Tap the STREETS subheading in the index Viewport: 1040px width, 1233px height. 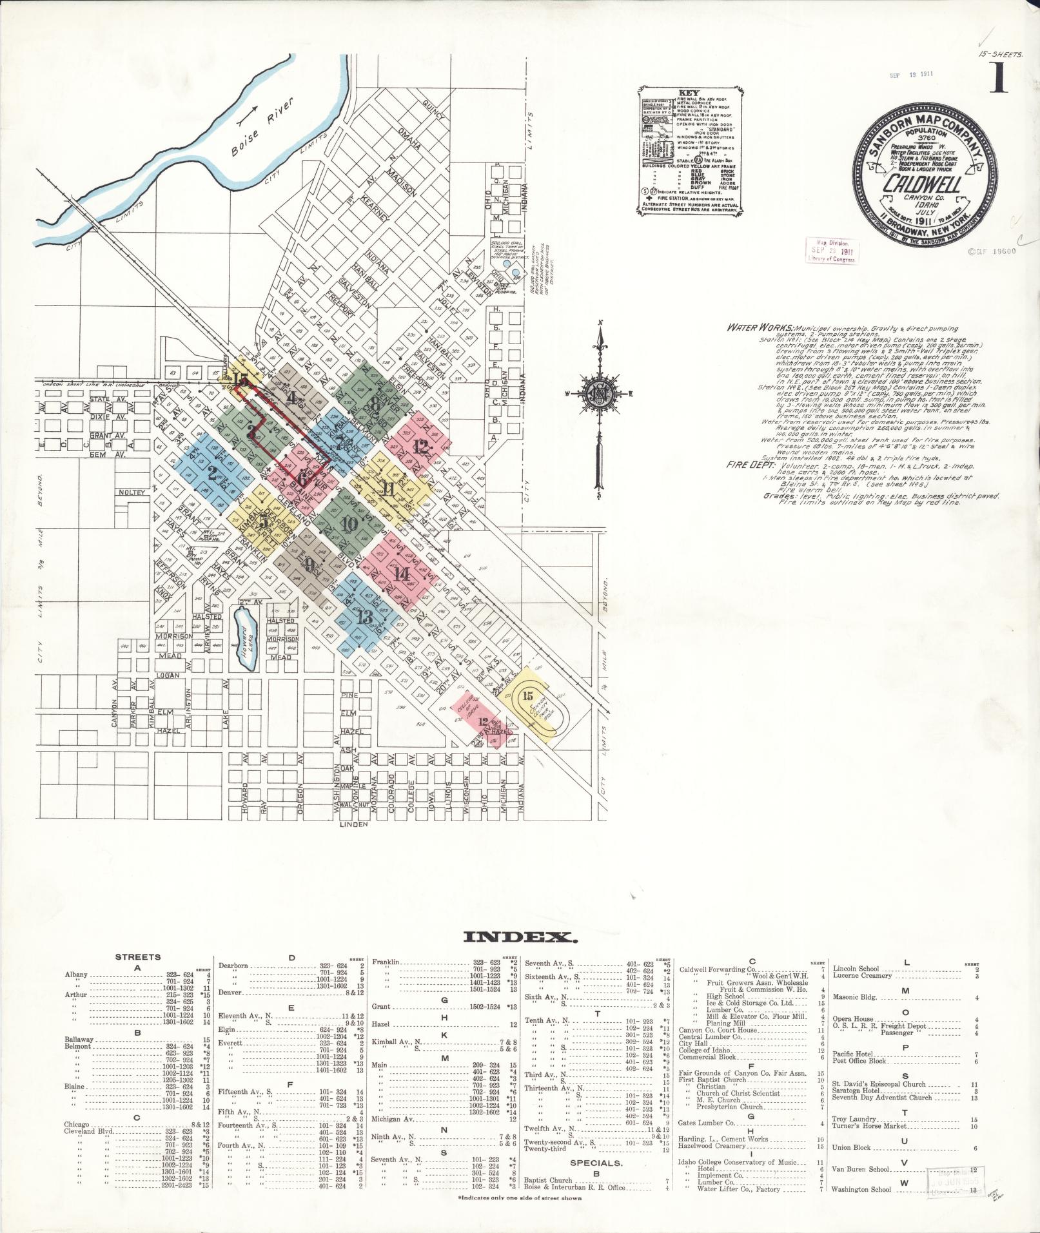point(138,957)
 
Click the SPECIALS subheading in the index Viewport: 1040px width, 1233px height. point(596,1163)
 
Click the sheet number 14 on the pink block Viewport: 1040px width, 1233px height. point(402,574)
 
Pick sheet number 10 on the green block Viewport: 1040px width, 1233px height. point(349,524)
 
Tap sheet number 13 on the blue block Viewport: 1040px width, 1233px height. point(364,617)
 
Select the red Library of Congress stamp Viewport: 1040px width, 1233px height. point(829,250)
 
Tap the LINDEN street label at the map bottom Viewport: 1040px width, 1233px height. point(353,824)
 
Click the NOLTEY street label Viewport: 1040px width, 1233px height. point(133,492)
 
